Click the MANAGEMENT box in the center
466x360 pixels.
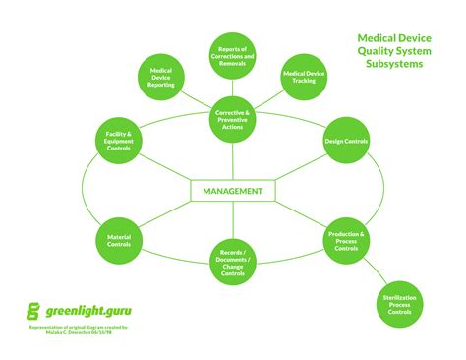point(232,190)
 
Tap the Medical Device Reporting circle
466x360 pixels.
point(161,78)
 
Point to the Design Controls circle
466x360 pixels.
point(347,141)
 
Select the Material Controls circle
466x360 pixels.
point(119,238)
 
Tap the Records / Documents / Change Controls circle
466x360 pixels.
point(233,261)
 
